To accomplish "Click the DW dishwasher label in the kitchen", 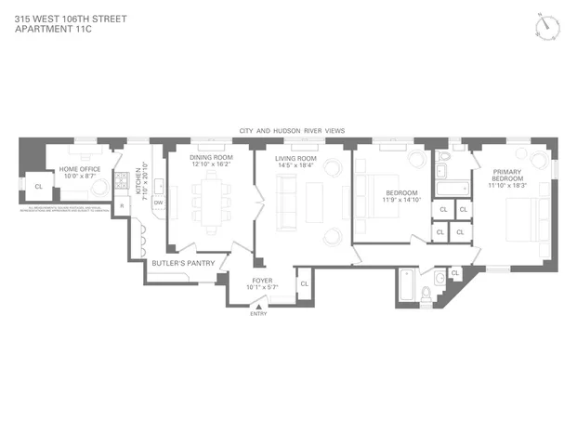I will (x=158, y=203).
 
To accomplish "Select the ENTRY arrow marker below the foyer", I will (x=257, y=307).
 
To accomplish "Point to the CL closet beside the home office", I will (x=38, y=187).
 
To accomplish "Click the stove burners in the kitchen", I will (x=122, y=180).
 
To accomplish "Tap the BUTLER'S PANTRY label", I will (x=183, y=263).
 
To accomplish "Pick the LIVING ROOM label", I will (x=295, y=159).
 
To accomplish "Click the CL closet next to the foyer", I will (x=303, y=283).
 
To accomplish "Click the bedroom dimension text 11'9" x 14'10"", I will (x=403, y=200).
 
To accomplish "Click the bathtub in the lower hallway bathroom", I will (x=406, y=287).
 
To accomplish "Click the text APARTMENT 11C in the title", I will (x=54, y=29).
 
